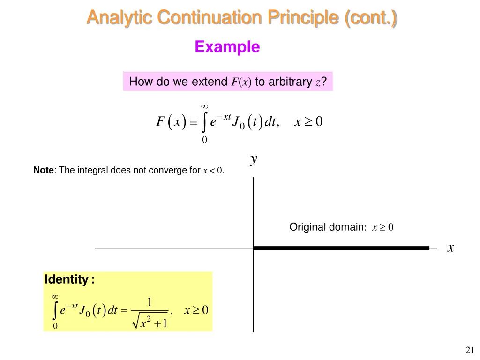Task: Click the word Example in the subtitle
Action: click(x=227, y=47)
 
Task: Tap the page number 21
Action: click(x=470, y=349)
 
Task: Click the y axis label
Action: click(x=254, y=160)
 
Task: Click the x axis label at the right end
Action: click(x=450, y=248)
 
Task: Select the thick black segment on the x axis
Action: click(x=341, y=248)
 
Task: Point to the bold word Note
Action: click(x=44, y=171)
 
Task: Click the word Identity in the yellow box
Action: click(x=66, y=280)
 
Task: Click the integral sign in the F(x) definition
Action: click(x=205, y=123)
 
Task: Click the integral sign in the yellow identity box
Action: click(x=56, y=310)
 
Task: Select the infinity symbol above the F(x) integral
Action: click(x=204, y=106)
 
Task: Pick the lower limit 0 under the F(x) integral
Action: click(x=204, y=140)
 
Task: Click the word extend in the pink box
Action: click(x=210, y=82)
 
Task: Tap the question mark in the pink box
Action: click(x=323, y=82)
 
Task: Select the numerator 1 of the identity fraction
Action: click(x=150, y=302)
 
